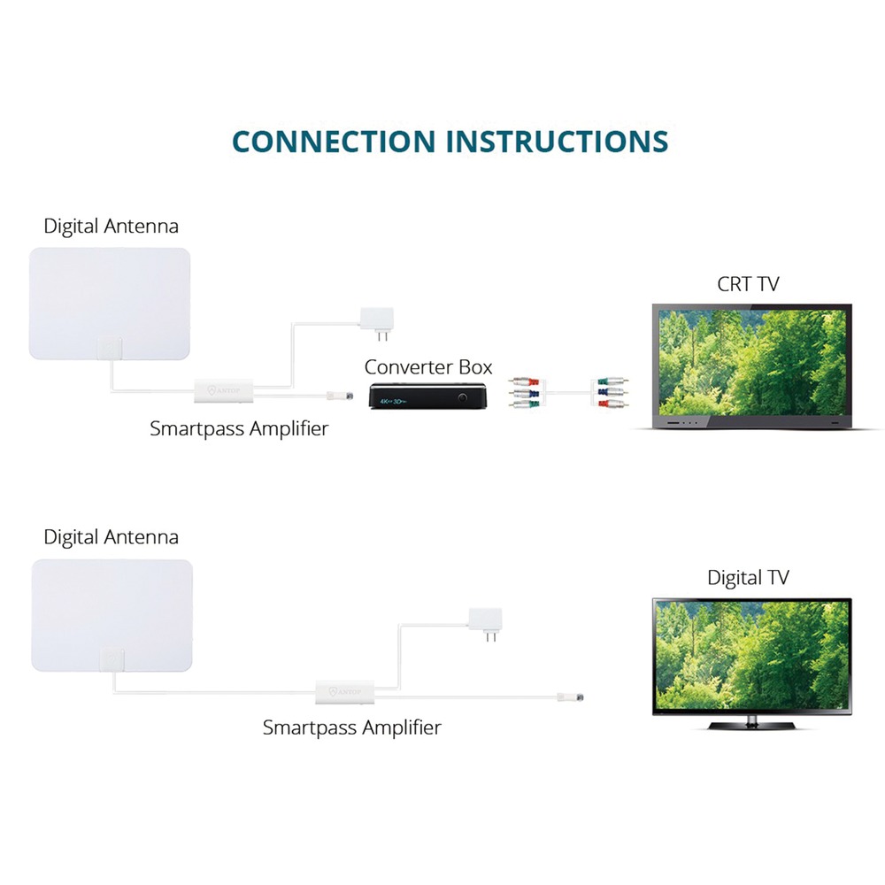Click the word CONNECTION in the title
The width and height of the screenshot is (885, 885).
click(x=334, y=142)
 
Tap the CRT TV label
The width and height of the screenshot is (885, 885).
click(x=748, y=284)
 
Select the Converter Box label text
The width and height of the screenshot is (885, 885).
click(x=428, y=366)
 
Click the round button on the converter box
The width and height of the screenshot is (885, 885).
click(x=462, y=397)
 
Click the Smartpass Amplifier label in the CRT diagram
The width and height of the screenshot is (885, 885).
click(x=239, y=429)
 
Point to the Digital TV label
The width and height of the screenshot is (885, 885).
click(x=748, y=578)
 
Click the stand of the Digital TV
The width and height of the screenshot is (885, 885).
click(x=752, y=723)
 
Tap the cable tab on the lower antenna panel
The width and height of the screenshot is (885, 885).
click(x=113, y=660)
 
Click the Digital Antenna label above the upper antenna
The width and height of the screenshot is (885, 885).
click(x=111, y=226)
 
